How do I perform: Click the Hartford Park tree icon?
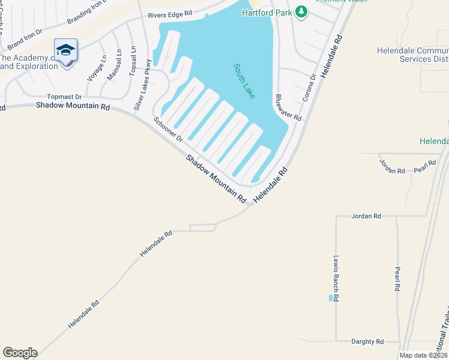tap(302, 12)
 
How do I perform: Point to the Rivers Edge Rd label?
tap(172, 13)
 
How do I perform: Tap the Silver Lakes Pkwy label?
tap(142, 85)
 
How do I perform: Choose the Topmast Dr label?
tap(64, 96)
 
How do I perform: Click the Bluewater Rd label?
tap(288, 107)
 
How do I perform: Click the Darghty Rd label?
tap(367, 341)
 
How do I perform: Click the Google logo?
tap(20, 353)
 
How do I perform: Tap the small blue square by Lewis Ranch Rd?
tap(330, 298)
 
